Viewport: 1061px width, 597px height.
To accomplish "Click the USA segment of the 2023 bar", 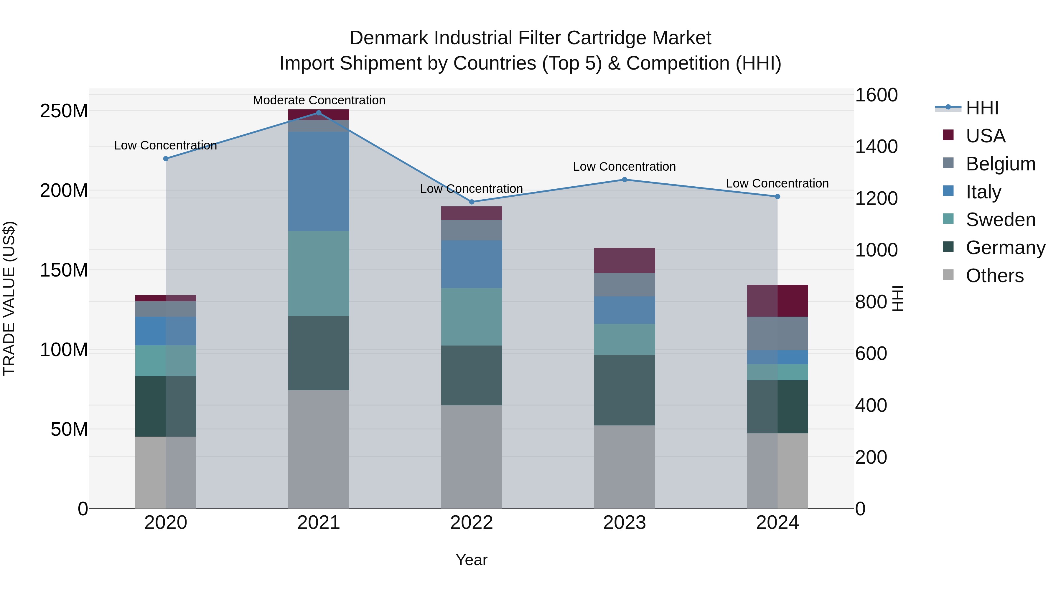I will tap(625, 260).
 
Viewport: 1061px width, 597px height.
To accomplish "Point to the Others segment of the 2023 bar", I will tap(625, 467).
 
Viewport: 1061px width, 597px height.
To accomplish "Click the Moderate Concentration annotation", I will tap(319, 100).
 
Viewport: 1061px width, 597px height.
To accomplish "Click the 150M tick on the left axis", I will tap(64, 270).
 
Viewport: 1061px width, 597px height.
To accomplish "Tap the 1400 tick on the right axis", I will tap(876, 147).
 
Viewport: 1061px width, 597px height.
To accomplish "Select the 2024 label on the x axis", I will tap(777, 523).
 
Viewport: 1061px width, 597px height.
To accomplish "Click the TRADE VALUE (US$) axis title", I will tap(9, 298).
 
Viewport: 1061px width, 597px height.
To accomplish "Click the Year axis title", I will tap(471, 560).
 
